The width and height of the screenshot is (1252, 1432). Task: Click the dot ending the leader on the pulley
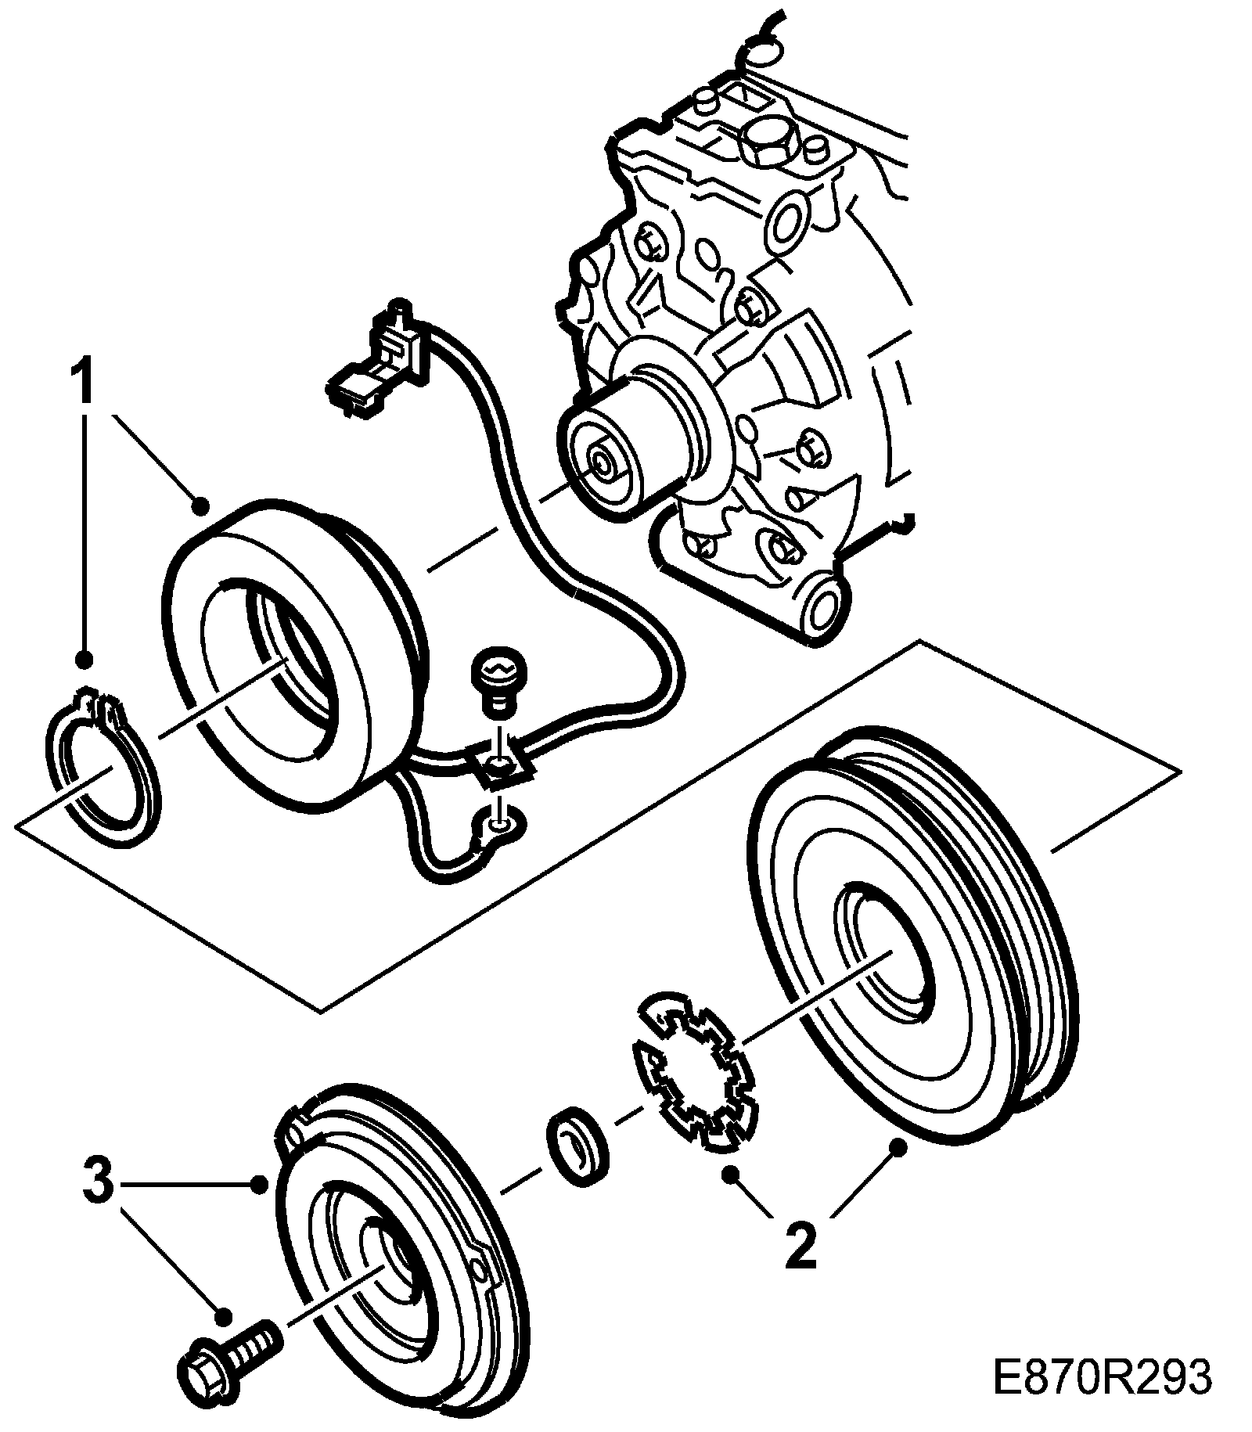(898, 1147)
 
